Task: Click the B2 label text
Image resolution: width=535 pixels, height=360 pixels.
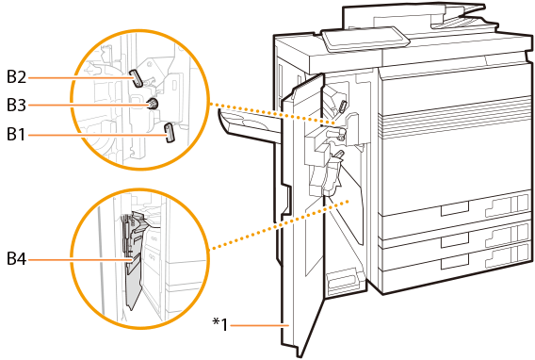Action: (16, 76)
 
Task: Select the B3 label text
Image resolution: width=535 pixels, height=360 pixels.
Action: (16, 105)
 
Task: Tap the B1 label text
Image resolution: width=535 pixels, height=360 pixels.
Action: (16, 134)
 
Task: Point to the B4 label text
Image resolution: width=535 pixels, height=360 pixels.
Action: (16, 258)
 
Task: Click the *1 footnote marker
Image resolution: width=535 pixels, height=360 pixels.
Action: (220, 324)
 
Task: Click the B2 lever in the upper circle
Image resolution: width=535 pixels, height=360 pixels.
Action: (136, 78)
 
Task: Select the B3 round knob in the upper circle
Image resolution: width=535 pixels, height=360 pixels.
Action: (152, 104)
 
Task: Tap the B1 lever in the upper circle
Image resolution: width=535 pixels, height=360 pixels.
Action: (170, 133)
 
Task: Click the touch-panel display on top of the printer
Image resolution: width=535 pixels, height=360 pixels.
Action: (365, 39)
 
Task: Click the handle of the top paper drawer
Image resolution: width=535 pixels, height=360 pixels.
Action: (455, 208)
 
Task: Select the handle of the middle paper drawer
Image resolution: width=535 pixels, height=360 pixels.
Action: (455, 240)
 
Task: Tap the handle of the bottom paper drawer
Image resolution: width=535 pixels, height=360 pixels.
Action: (455, 262)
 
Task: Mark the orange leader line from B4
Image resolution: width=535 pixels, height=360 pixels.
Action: (79, 260)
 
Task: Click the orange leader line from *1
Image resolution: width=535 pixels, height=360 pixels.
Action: (260, 325)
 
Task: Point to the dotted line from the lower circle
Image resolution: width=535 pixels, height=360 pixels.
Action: (279, 225)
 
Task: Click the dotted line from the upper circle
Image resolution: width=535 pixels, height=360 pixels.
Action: (273, 113)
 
